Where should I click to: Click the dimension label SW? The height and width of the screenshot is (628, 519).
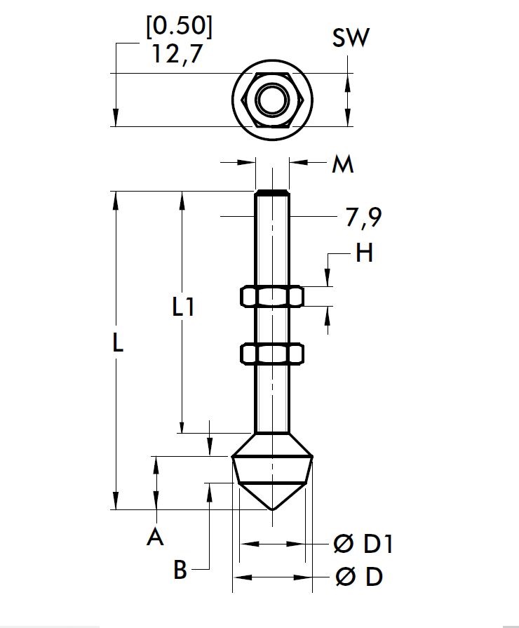[x=351, y=38]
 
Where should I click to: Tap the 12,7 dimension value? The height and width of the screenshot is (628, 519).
[x=177, y=55]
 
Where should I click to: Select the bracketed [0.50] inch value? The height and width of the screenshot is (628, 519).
[x=178, y=26]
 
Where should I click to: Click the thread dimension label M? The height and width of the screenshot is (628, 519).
[x=342, y=165]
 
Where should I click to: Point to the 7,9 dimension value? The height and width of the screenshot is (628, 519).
[x=363, y=218]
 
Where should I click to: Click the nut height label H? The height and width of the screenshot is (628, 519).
[x=364, y=253]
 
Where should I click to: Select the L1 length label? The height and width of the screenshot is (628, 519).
[x=183, y=307]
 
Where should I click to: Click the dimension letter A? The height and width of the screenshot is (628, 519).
[x=155, y=538]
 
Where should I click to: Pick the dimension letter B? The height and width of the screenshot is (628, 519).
[x=180, y=570]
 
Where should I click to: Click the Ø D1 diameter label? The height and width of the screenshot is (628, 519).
[x=363, y=544]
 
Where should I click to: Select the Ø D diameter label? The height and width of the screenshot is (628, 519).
[x=359, y=577]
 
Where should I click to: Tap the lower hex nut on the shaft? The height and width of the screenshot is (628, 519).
[x=272, y=354]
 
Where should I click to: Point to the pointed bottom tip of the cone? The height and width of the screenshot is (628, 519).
[x=272, y=509]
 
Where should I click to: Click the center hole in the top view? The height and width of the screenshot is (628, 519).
[x=272, y=100]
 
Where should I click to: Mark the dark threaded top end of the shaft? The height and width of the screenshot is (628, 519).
[x=272, y=192]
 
